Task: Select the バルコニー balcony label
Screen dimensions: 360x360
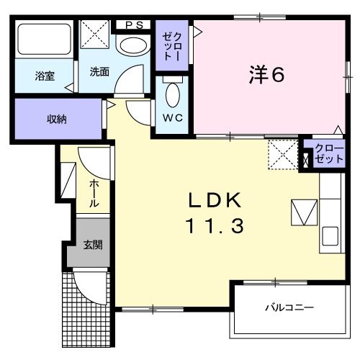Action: pos(288,307)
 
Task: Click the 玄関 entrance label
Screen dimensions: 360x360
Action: pos(91,245)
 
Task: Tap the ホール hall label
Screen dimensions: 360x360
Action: pos(94,194)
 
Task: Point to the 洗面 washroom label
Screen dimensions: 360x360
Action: pos(99,73)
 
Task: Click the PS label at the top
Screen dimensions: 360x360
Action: pos(134,24)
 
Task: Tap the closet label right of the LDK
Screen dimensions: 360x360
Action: pos(329,153)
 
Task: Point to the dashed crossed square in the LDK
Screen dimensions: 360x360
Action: pos(282,155)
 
